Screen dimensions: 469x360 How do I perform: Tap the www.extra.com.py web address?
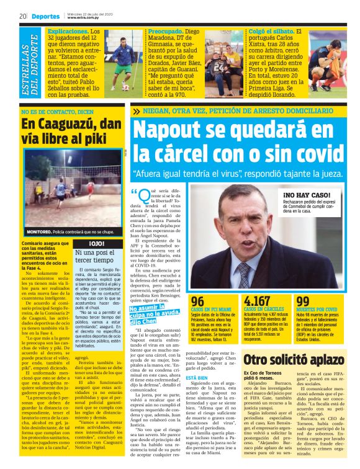pyautogui.click(x=85, y=18)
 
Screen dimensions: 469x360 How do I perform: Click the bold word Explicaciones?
pyautogui.click(x=68, y=30)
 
